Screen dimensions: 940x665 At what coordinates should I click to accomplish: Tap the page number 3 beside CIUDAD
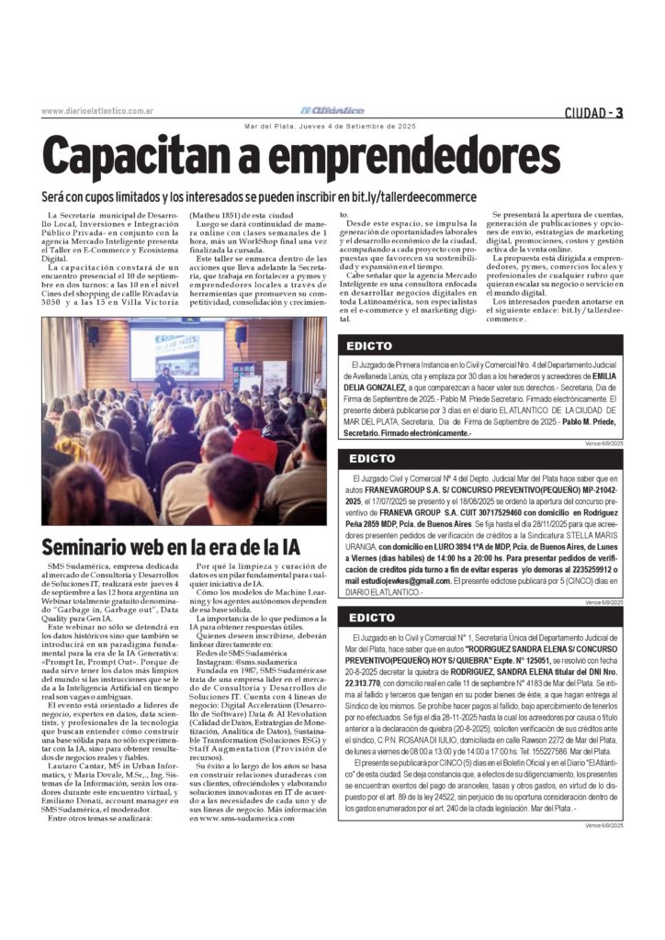pyautogui.click(x=619, y=113)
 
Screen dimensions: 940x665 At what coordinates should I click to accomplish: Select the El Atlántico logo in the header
pyautogui.click(x=332, y=111)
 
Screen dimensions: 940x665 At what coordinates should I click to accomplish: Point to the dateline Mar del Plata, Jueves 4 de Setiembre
pyautogui.click(x=332, y=127)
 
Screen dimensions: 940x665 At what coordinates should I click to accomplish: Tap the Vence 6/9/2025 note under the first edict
pyautogui.click(x=603, y=442)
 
